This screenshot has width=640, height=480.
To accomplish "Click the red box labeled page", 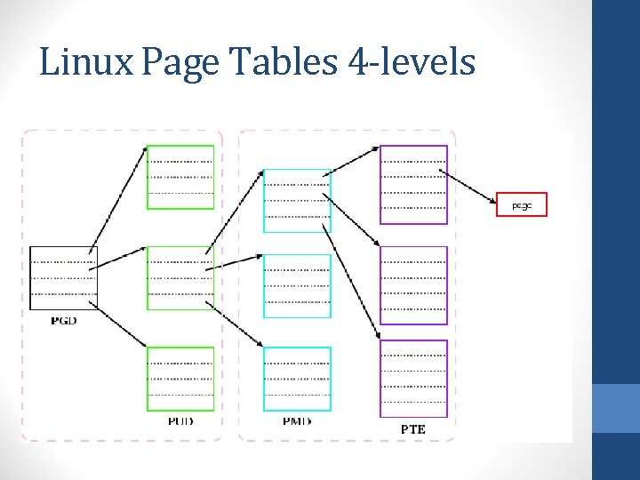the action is click(522, 205).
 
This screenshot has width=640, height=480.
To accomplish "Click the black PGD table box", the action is click(63, 278).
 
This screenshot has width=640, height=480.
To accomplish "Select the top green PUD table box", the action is click(180, 177).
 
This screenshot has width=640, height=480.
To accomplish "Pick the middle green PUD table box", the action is click(180, 278).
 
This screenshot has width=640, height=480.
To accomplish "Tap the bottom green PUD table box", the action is click(180, 379).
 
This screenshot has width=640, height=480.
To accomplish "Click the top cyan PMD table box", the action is click(297, 201).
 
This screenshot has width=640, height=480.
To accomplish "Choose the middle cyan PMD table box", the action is click(297, 286).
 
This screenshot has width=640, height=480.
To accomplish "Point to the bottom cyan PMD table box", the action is click(297, 379).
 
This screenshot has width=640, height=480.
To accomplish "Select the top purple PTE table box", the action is click(413, 185).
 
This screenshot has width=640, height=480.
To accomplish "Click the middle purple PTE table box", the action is click(413, 285).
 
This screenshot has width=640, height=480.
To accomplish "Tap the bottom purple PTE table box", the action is click(413, 379).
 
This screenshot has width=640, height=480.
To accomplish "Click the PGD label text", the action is click(63, 320).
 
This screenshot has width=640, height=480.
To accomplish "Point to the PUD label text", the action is click(180, 420).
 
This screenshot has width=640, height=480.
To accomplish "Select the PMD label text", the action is click(297, 420).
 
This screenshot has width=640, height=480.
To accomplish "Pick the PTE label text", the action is click(413, 429).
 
